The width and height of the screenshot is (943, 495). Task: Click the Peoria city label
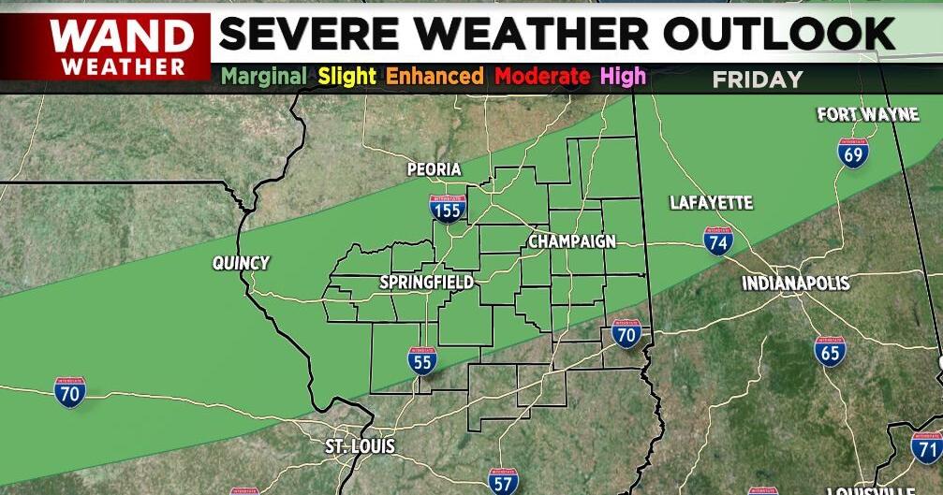[435, 169]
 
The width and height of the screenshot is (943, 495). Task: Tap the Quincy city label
[241, 264]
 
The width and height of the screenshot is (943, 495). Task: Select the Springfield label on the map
[426, 282]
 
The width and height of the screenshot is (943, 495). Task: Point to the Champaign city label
[572, 241]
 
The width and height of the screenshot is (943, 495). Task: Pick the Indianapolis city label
[796, 284]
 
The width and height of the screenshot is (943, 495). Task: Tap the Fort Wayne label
[868, 115]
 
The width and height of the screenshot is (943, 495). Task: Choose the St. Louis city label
[361, 446]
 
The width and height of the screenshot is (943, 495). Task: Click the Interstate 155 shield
[449, 208]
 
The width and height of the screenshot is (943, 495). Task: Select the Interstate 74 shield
[718, 240]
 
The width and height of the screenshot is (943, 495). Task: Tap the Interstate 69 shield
[853, 153]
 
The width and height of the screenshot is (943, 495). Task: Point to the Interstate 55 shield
[422, 359]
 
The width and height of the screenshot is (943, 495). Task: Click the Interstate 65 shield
[830, 351]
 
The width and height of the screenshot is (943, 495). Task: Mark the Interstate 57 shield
[503, 481]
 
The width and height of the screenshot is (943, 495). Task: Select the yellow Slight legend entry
[346, 76]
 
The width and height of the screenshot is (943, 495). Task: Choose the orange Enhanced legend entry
[435, 76]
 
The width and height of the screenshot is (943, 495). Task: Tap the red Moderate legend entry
[544, 76]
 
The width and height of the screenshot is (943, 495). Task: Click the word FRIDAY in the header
[758, 80]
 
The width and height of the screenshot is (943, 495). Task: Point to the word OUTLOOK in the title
[780, 34]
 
